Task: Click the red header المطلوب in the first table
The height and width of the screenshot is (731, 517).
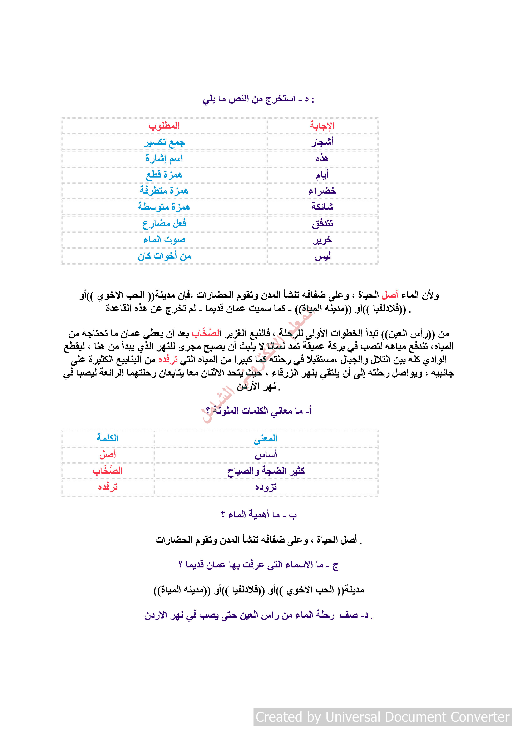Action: click(x=164, y=126)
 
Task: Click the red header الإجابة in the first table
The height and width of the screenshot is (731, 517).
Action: click(x=322, y=126)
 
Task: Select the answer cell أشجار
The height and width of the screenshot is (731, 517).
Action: click(x=322, y=142)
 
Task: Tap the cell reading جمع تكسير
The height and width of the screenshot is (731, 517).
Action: click(x=164, y=142)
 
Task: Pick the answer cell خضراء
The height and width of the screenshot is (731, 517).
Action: click(x=322, y=191)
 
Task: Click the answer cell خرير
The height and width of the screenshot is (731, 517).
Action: click(x=322, y=240)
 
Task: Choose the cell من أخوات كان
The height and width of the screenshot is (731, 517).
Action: click(x=164, y=256)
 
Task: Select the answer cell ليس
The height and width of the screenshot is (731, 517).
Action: click(x=322, y=256)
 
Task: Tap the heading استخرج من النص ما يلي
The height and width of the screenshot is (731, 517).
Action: click(x=258, y=99)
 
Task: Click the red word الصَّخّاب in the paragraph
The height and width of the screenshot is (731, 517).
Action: click(x=206, y=333)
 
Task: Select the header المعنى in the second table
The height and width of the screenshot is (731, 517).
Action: click(x=266, y=438)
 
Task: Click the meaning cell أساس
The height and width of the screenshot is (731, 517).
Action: click(x=266, y=455)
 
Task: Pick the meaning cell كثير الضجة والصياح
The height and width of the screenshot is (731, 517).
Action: click(x=266, y=471)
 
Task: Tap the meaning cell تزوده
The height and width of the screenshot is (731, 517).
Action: click(x=266, y=487)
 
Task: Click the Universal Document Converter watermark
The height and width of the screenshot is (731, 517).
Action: click(x=382, y=717)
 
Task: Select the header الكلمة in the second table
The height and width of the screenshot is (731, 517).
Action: click(x=107, y=438)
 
